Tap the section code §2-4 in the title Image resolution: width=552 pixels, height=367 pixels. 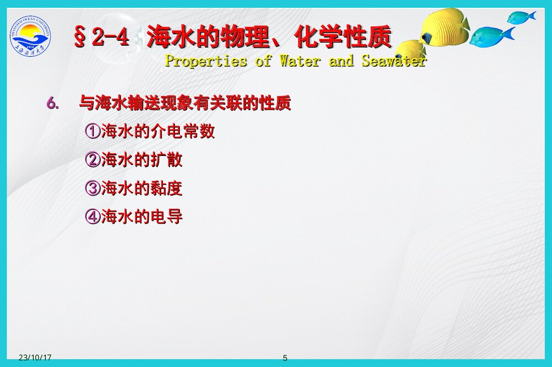pos(102,37)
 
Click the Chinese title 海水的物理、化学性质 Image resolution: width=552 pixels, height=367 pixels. pos(269,37)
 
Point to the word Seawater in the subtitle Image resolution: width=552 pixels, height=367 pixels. pos(394,61)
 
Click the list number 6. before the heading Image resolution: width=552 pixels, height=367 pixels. pos(53,103)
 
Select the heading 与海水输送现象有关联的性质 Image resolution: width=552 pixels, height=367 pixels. pos(185,103)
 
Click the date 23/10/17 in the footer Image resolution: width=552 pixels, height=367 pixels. pos(35,358)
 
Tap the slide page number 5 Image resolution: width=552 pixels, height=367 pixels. pos(285,358)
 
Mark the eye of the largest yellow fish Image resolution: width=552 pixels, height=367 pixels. pos(426,38)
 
